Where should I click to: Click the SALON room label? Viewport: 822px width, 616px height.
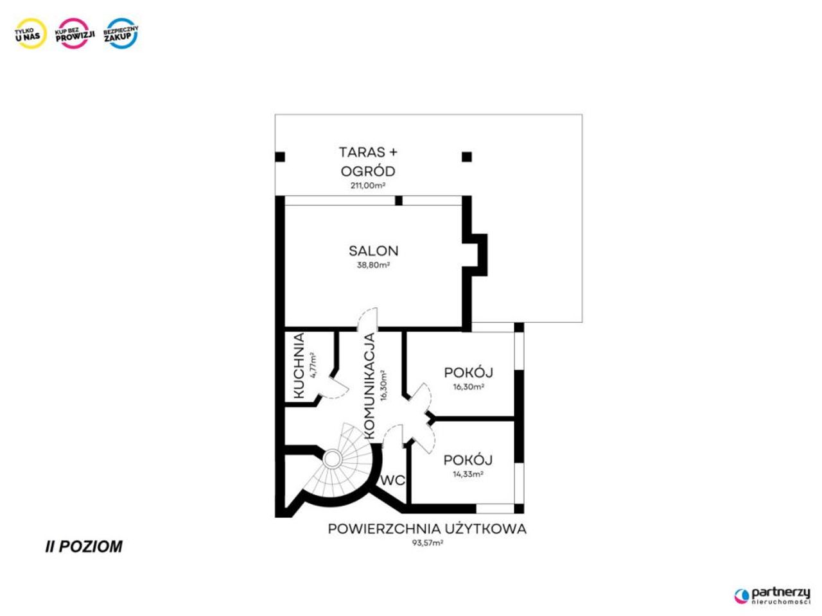373,251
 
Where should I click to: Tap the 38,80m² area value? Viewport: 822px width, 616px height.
373,265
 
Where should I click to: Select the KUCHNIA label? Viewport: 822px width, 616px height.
299,366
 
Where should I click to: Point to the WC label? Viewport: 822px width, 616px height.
393,480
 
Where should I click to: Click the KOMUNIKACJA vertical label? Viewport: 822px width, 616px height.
369,386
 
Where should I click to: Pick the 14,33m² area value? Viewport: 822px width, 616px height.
468,474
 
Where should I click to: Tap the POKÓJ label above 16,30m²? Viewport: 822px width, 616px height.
469,373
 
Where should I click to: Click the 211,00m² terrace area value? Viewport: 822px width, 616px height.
368,185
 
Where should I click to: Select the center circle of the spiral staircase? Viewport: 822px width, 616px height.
332,459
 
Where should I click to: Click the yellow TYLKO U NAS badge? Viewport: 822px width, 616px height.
31,33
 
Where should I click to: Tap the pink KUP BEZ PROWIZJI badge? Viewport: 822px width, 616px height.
75,33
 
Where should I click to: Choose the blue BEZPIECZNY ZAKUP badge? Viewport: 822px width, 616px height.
121,33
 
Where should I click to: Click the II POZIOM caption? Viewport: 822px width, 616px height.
84,547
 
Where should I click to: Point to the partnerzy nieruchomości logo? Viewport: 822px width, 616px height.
772,596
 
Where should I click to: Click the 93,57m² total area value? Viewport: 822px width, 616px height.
428,543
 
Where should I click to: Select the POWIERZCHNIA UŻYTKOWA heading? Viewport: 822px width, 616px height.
427,529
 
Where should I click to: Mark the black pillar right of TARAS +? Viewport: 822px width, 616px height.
467,157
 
